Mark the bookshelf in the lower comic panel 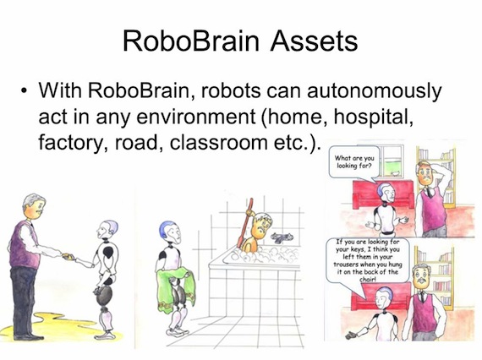[x=457, y=270]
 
